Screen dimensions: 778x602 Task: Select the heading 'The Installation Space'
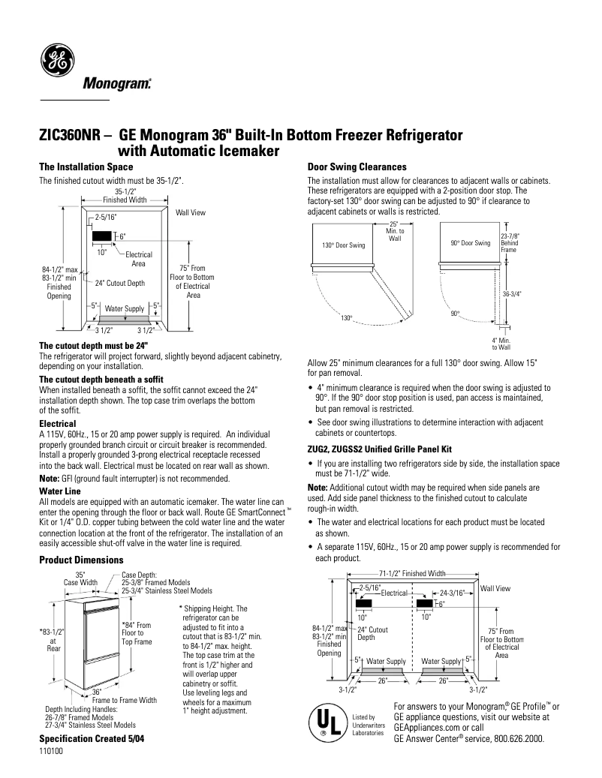(86, 167)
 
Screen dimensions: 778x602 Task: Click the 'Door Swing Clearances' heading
(357, 167)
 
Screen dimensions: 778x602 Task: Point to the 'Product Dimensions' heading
(80, 560)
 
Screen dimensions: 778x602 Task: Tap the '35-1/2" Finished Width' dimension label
(125, 196)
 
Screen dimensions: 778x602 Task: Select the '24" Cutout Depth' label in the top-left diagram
(120, 284)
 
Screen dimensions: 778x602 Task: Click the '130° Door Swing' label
(344, 245)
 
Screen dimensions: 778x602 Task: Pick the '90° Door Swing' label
(471, 243)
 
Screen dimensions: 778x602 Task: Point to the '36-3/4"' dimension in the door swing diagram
(511, 294)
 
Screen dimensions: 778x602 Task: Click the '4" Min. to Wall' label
(501, 344)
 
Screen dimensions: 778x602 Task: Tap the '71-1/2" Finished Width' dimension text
(412, 573)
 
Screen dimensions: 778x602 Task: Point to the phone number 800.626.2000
(518, 739)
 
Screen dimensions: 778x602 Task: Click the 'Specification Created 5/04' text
(91, 739)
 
